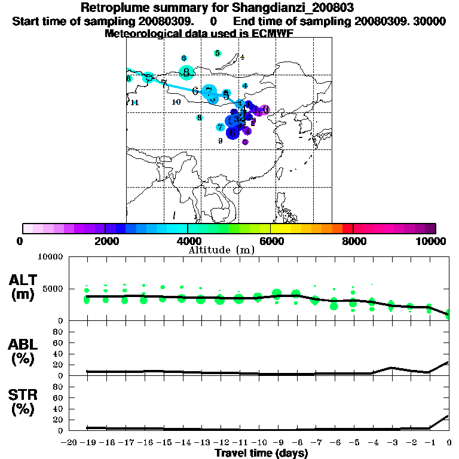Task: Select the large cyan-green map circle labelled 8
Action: pyautogui.click(x=187, y=73)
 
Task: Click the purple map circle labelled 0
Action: pyautogui.click(x=264, y=110)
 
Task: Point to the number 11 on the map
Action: pyautogui.click(x=134, y=103)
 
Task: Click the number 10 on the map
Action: pyautogui.click(x=176, y=102)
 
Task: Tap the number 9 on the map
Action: pyautogui.click(x=221, y=140)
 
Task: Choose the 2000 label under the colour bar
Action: pyautogui.click(x=105, y=241)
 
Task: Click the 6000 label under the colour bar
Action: pyautogui.click(x=270, y=241)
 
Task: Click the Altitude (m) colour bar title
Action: pyautogui.click(x=222, y=250)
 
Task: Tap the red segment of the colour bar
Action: pyautogui.click(x=347, y=228)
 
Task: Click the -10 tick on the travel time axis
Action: pyautogui.click(x=259, y=443)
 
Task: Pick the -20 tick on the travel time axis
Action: pyautogui.click(x=69, y=443)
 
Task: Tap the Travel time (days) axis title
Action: pyautogui.click(x=261, y=454)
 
